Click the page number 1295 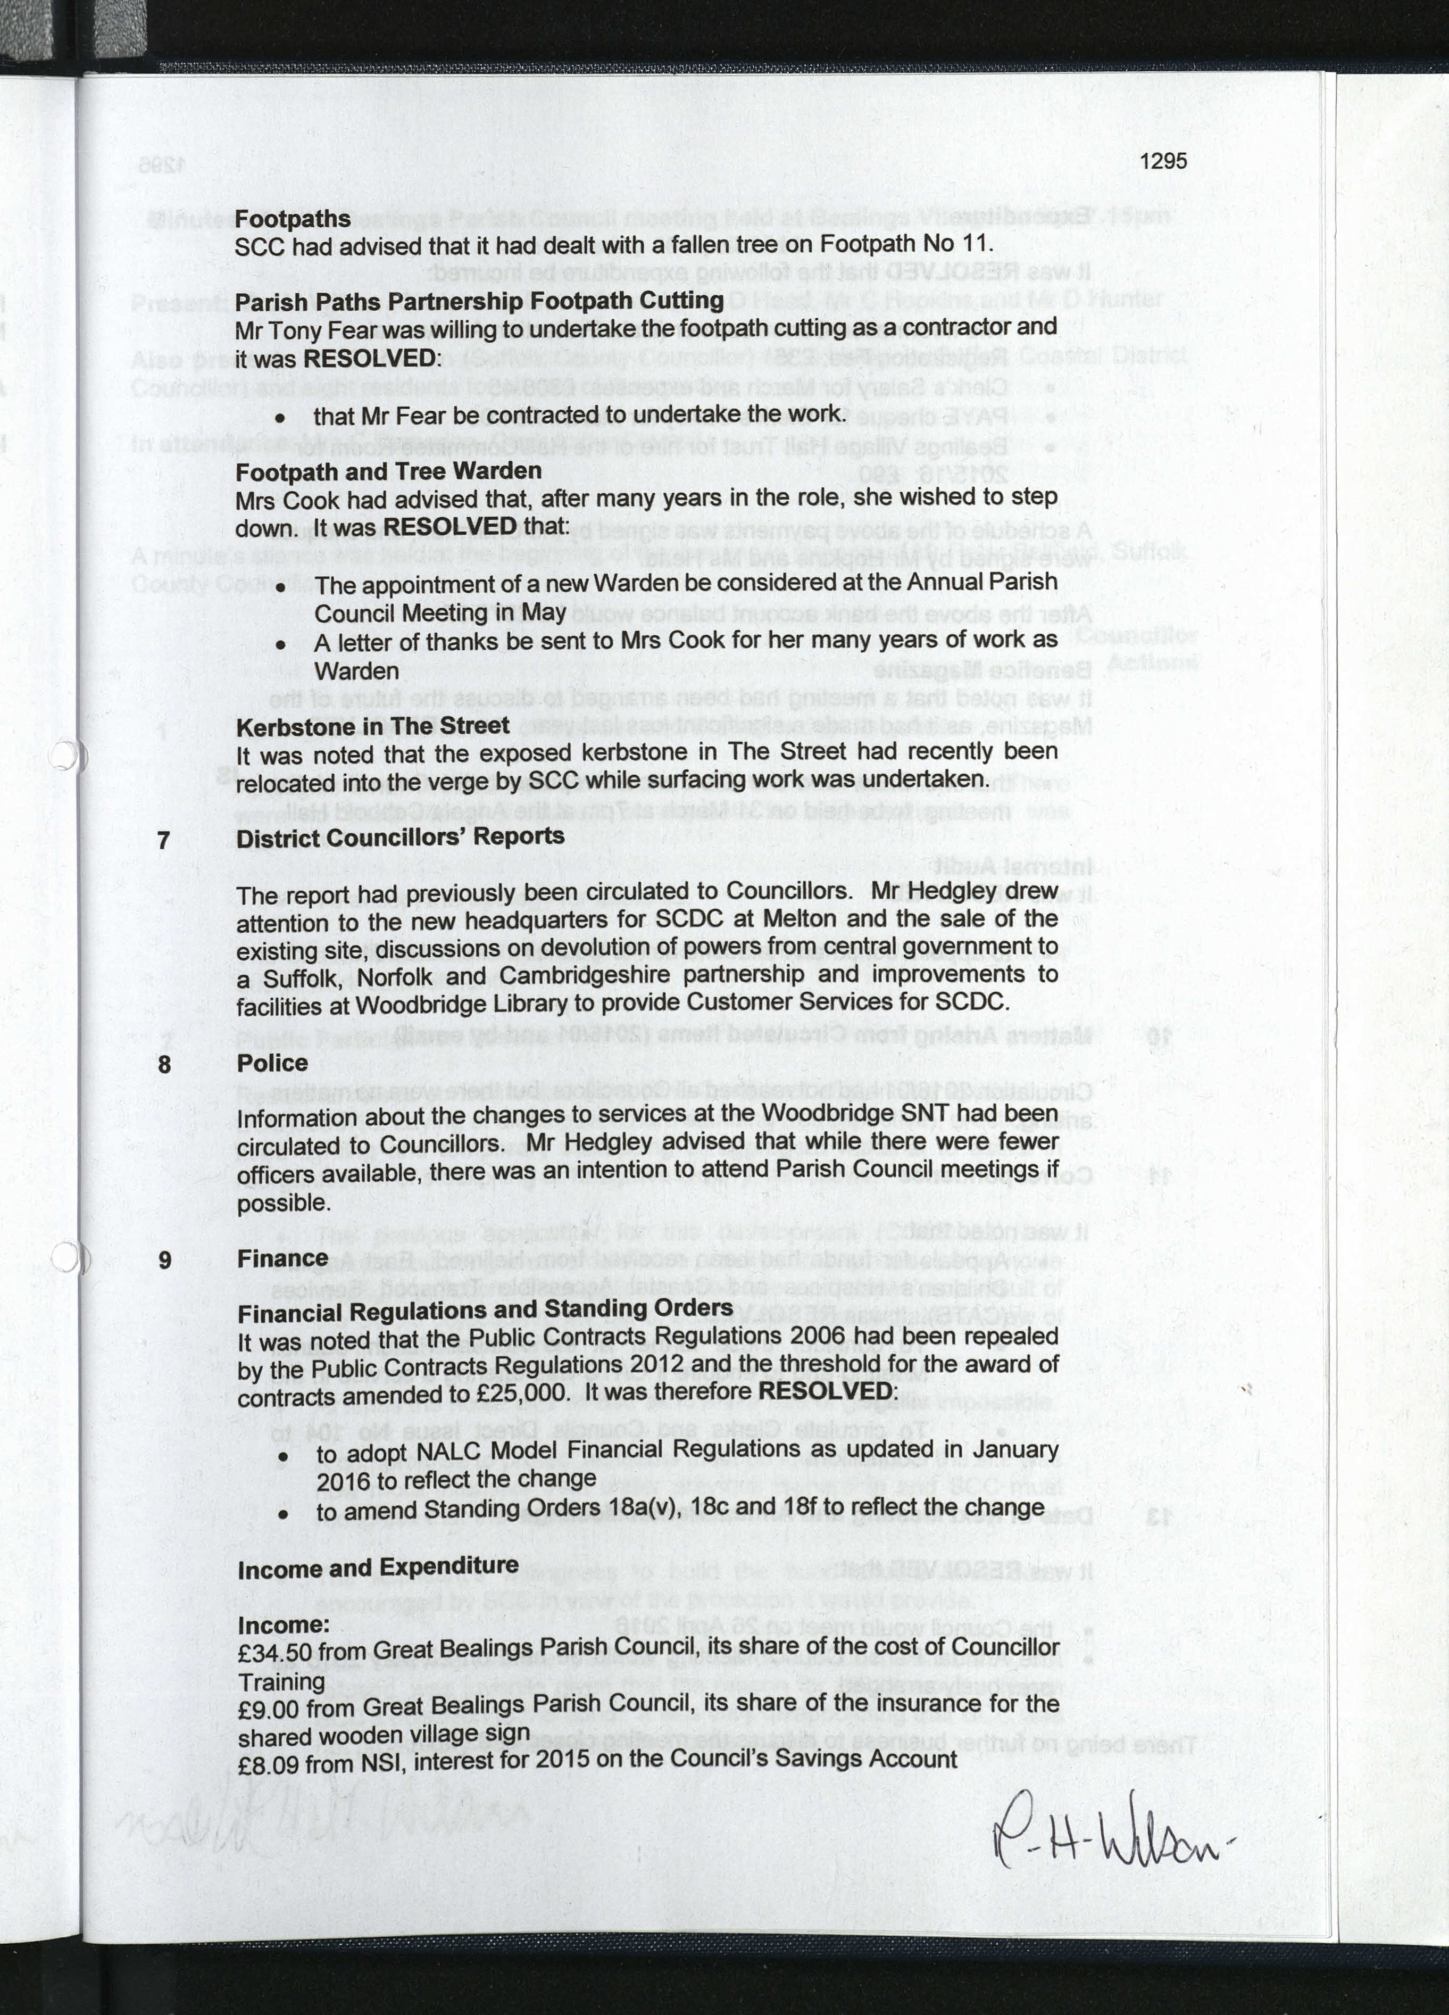tap(1162, 161)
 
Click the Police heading tap(272, 1063)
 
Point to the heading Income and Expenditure tap(378, 1567)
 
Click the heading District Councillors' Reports tap(400, 837)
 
